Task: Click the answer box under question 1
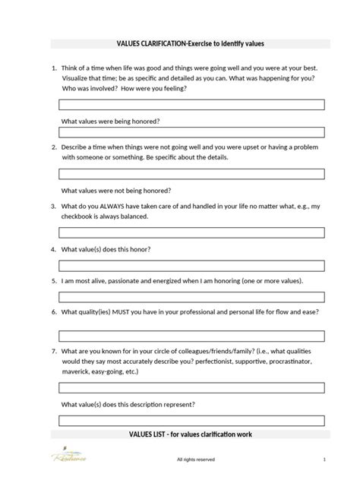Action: pos(191,104)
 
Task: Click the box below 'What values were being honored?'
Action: pos(191,132)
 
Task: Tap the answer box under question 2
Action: pos(191,174)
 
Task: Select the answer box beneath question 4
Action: pos(191,265)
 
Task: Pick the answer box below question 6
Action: pos(191,335)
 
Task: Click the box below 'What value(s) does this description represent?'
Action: pos(191,420)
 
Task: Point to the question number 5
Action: pos(53,281)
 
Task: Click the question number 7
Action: pos(53,352)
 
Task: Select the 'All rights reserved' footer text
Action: pos(195,459)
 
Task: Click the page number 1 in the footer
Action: pos(324,459)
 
